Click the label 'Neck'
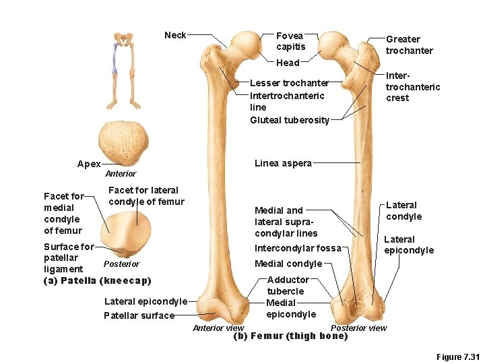coord(175,35)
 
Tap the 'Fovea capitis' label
coord(290,41)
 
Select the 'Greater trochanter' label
coord(409,45)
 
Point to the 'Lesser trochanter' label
coord(289,83)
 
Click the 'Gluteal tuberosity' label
coord(290,120)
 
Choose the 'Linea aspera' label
coord(283,163)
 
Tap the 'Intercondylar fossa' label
coord(298,248)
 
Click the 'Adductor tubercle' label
coord(288,285)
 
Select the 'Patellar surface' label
coord(139,315)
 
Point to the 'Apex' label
coord(89,164)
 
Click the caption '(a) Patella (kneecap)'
coord(97,280)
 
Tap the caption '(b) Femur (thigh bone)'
coord(290,336)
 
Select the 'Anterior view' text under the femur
coord(218,328)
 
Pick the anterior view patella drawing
coord(122,143)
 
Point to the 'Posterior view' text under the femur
coord(358,328)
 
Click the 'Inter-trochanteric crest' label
coord(412,87)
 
